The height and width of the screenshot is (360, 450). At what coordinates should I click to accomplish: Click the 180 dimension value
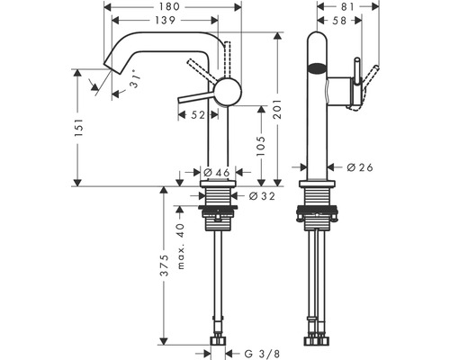coord(168,6)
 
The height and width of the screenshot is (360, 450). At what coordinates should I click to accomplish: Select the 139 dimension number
coord(166,20)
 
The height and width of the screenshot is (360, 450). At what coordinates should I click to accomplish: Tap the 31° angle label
coord(134,79)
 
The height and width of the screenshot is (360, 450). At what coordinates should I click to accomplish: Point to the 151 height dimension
coord(78,128)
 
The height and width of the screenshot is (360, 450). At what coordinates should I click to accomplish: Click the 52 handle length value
coord(198,115)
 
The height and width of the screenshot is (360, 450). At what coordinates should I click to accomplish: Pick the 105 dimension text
coord(261,146)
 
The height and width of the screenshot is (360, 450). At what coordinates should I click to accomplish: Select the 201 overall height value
coord(277,109)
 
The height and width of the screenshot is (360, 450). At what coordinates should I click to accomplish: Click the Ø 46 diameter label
coord(217,172)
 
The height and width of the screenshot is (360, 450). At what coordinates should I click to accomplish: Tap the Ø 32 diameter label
coord(262,196)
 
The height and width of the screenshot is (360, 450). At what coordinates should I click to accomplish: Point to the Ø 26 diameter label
coord(360,167)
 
